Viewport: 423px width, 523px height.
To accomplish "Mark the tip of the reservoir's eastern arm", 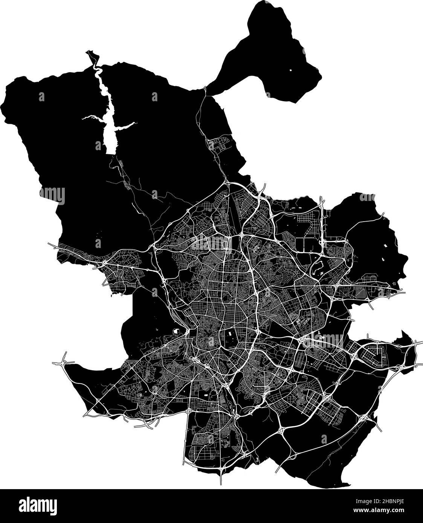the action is point(134,124).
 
